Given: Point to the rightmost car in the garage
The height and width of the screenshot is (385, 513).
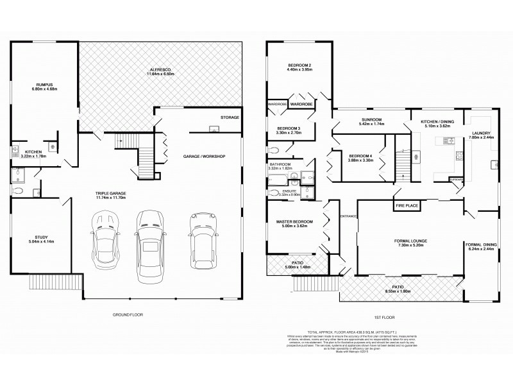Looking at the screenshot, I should (x=202, y=238).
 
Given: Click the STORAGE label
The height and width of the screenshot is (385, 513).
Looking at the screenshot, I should (x=229, y=117).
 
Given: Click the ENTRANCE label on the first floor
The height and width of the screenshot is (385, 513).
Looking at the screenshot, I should (x=348, y=216).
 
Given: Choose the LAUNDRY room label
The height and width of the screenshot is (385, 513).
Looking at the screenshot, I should (x=482, y=133).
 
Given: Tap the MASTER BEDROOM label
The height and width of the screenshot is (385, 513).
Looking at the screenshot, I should (x=295, y=221).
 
